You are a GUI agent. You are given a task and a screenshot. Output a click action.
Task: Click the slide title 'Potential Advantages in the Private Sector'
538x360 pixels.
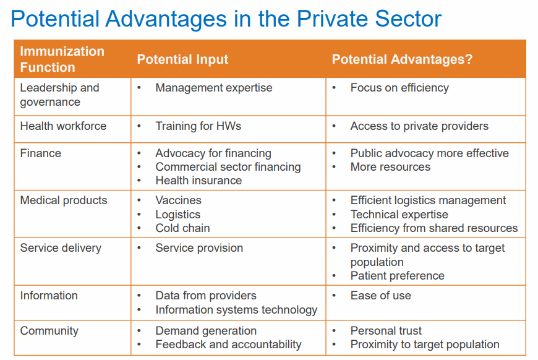coord(226,19)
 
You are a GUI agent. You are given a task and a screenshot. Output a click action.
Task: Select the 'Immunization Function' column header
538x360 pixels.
coord(62,59)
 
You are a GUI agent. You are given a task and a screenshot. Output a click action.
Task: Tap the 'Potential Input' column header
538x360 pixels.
coord(182,59)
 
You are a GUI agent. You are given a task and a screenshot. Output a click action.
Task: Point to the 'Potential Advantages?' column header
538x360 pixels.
coord(402,59)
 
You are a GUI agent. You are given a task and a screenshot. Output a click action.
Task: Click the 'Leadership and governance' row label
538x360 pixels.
coord(59,95)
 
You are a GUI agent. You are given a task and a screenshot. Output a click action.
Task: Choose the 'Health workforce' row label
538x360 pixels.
coord(63,126)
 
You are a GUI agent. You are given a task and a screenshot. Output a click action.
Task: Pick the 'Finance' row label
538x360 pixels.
coord(40,153)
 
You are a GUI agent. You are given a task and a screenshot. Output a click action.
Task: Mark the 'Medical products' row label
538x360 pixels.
coord(64,200)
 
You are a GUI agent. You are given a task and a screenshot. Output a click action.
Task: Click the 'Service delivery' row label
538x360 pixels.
coord(61,248)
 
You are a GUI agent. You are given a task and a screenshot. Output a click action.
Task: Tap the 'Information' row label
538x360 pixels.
coord(49,296)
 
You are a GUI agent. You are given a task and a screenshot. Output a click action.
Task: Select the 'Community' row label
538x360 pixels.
coord(49,331)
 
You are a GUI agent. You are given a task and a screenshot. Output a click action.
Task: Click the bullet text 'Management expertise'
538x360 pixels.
coord(213,88)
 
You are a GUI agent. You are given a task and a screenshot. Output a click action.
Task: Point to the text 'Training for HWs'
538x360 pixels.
coord(198,126)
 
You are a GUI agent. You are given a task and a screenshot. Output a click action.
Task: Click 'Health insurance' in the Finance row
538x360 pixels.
coord(199,181)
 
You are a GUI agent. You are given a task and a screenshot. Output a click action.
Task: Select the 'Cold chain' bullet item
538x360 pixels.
coord(182,228)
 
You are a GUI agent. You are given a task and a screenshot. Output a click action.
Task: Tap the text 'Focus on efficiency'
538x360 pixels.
coord(399,88)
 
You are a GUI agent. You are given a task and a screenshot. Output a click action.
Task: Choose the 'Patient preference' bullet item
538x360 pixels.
coord(397,276)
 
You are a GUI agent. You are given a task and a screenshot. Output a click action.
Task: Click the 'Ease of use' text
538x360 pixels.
coord(380,296)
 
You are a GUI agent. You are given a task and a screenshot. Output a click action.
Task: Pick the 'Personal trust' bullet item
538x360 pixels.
coord(386,331)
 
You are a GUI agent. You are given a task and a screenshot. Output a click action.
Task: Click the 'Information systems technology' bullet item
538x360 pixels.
coord(236,310)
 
